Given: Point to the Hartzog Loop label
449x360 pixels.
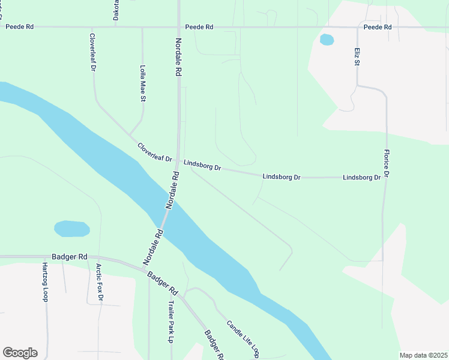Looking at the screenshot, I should coord(45,281).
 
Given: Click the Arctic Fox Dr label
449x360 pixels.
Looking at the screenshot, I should coord(100,281).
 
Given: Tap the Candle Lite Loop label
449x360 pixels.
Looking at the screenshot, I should coord(243,338).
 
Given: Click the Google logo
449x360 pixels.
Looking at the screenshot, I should coord(20,353).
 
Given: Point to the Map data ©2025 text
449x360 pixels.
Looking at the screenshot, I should coord(423,355).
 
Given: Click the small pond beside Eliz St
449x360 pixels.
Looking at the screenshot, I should coord(327,40).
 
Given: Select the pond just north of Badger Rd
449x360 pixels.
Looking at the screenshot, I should coord(71,229).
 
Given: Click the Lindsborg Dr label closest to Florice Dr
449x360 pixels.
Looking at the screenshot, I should coord(362,178).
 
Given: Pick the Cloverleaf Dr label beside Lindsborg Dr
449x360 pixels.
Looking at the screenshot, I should coord(154,151).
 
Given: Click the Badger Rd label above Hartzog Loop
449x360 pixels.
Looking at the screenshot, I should coord(70,257).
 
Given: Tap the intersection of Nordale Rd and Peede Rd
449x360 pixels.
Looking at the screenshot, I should coord(178,27).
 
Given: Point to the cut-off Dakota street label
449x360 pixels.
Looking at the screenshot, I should coord(116,10).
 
